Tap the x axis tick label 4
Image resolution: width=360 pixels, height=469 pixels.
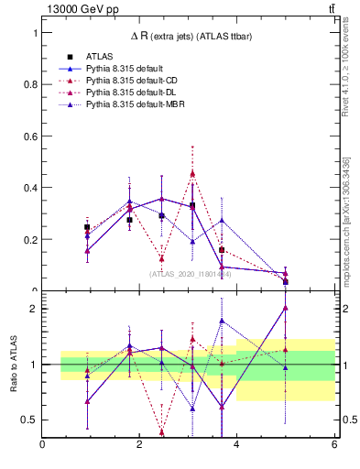[x=236, y=445]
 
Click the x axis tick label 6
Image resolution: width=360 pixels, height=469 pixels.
[x=333, y=445]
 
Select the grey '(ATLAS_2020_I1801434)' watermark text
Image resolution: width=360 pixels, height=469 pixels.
[x=191, y=274]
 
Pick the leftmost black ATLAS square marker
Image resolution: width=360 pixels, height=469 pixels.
[x=87, y=227]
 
